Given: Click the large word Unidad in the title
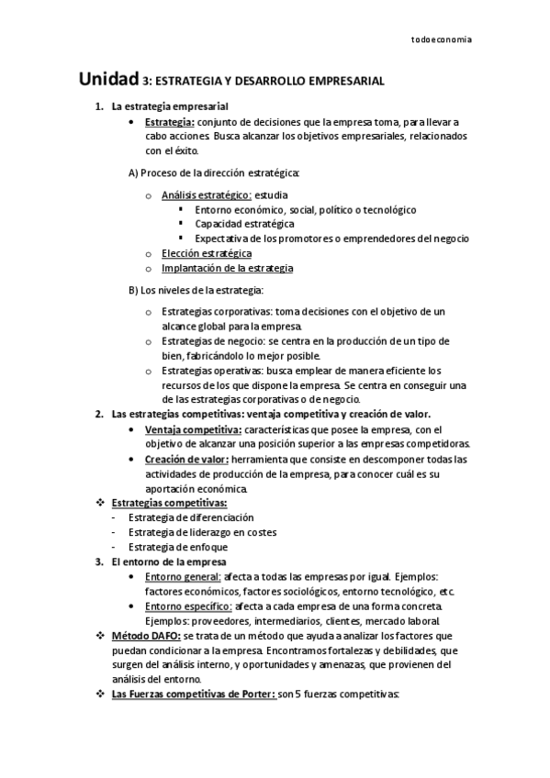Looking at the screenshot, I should (x=109, y=81).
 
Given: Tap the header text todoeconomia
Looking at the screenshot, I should (x=443, y=40).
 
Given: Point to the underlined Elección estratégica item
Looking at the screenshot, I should (x=207, y=253).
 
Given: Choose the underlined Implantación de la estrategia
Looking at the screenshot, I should (x=227, y=268).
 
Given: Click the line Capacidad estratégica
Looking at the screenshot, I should (x=244, y=224).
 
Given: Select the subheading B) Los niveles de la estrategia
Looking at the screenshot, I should (x=196, y=291).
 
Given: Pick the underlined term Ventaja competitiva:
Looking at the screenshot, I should (x=193, y=429).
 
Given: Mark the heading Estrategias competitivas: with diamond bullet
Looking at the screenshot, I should (x=169, y=503).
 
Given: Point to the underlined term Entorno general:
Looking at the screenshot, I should (x=183, y=576).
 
